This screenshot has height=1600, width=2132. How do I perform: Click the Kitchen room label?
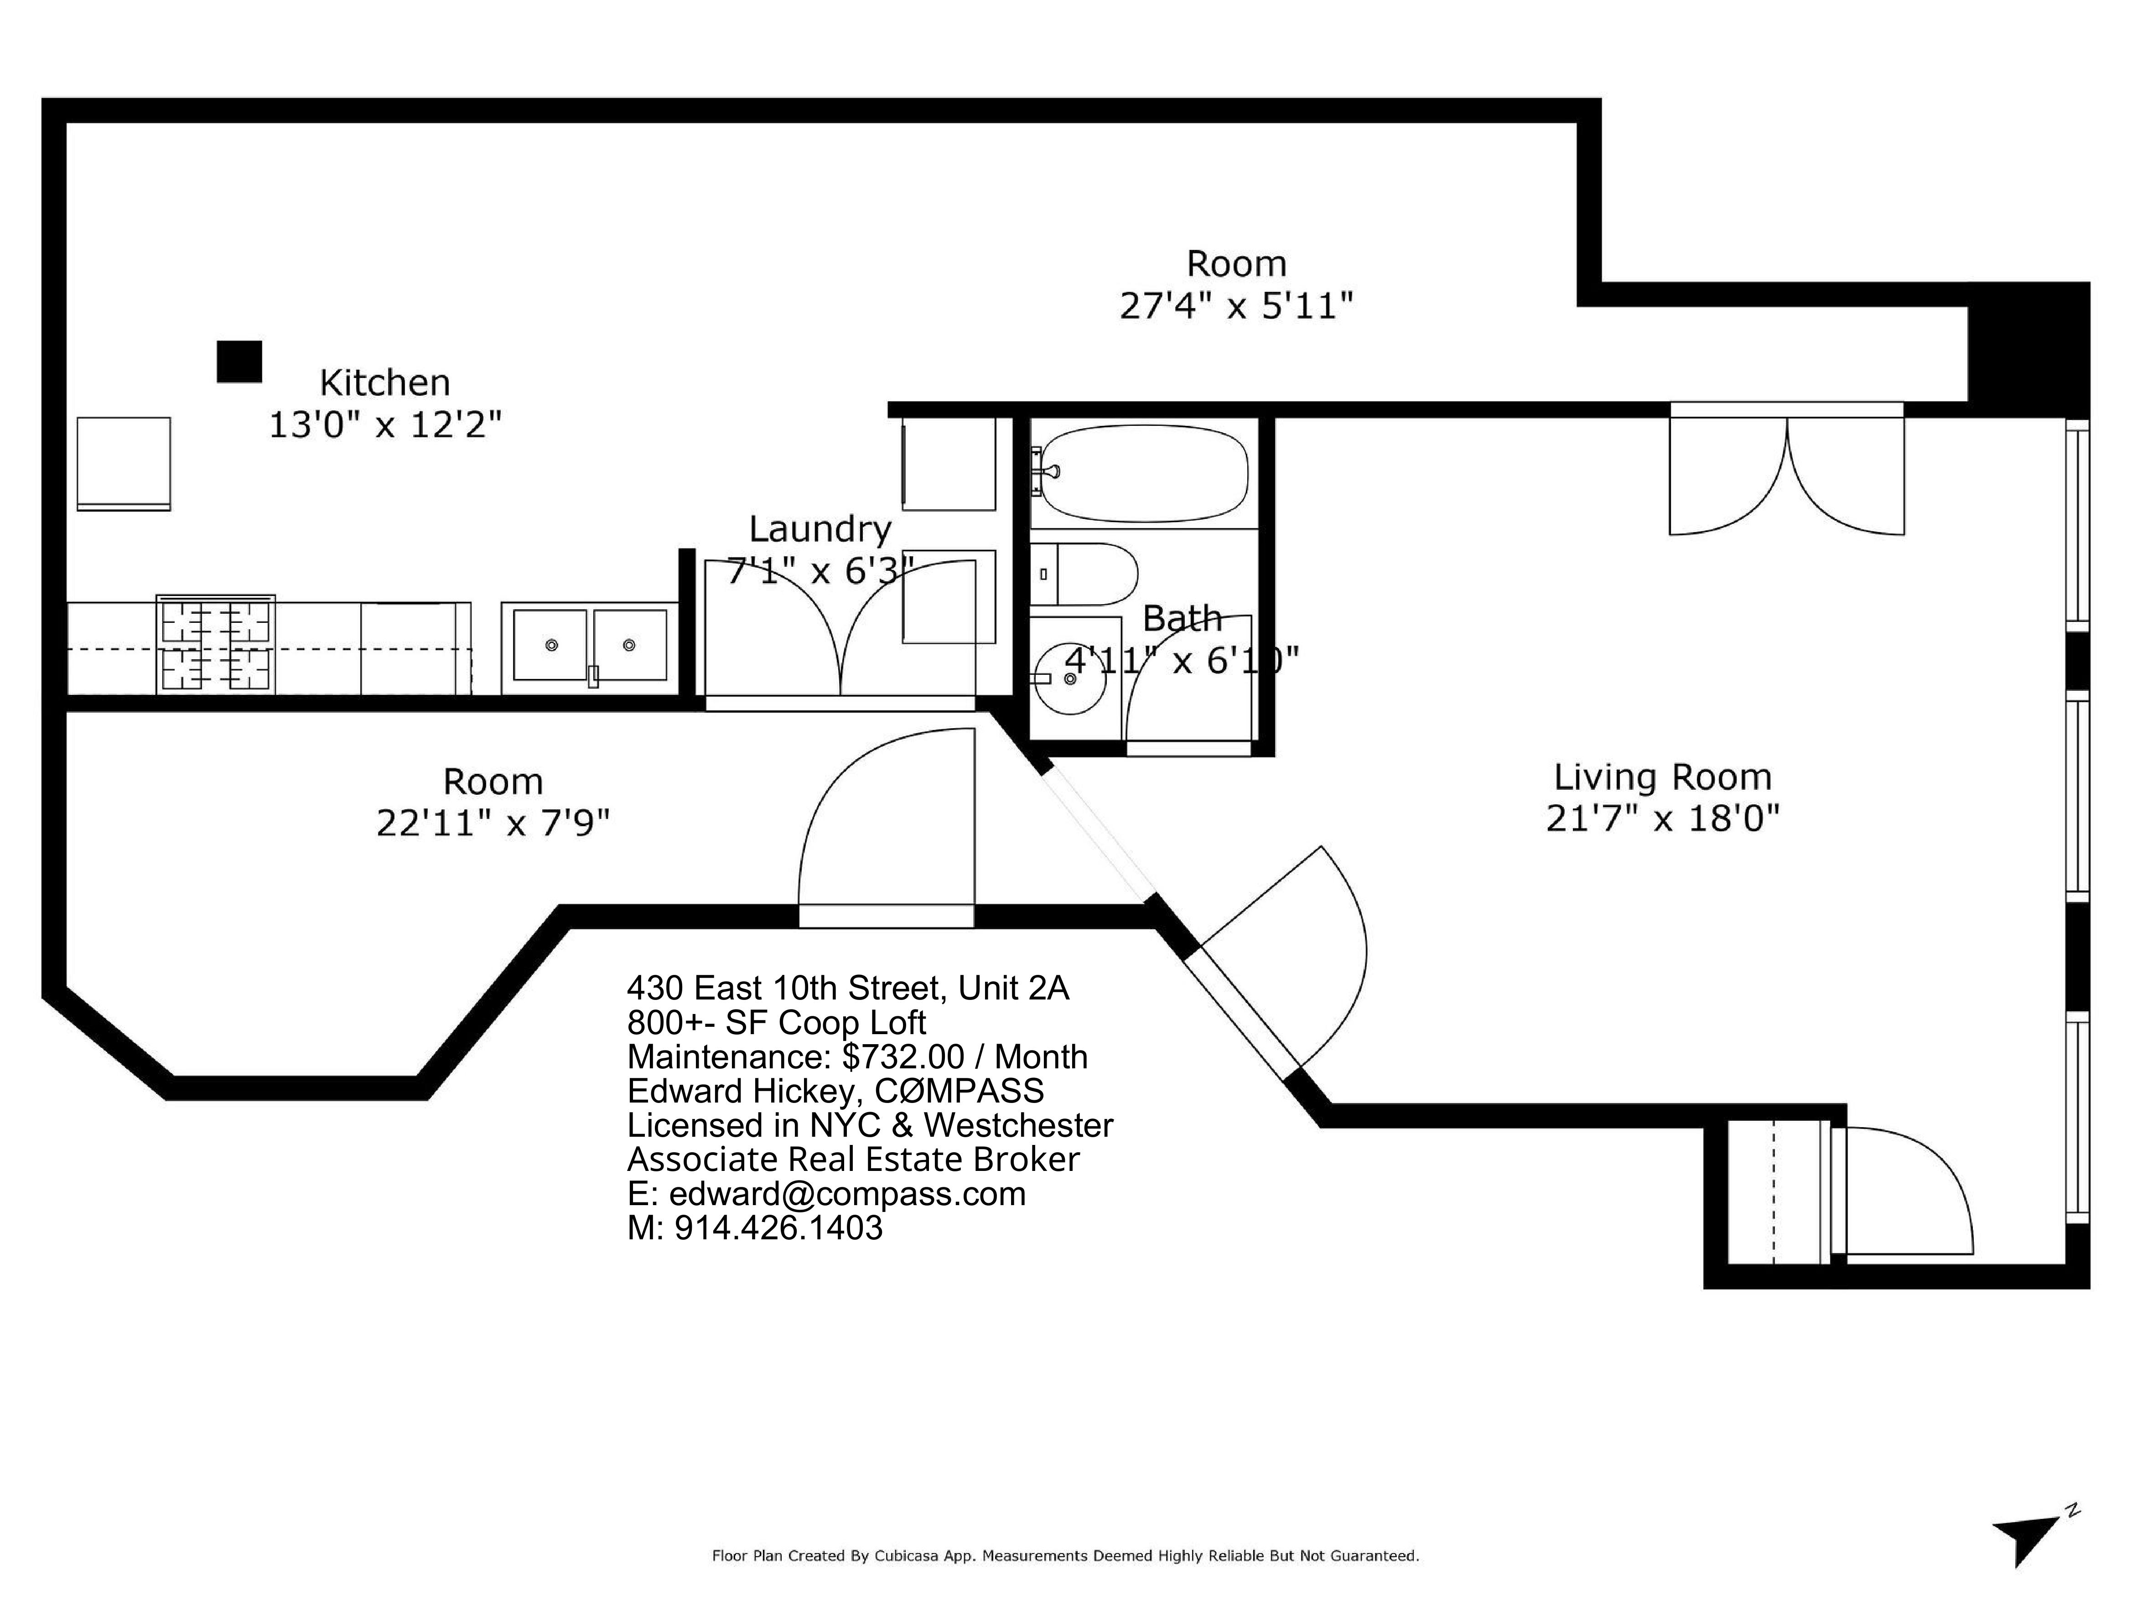pyautogui.click(x=384, y=383)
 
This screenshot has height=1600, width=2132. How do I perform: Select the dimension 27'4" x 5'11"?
pyautogui.click(x=1235, y=306)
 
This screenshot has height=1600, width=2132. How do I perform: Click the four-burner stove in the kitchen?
pyautogui.click(x=216, y=644)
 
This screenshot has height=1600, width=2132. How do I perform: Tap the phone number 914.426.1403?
pyautogui.click(x=779, y=1228)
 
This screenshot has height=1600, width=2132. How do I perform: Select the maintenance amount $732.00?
pyautogui.click(x=903, y=1057)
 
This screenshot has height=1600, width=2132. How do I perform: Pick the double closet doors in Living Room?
pyautogui.click(x=1787, y=471)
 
